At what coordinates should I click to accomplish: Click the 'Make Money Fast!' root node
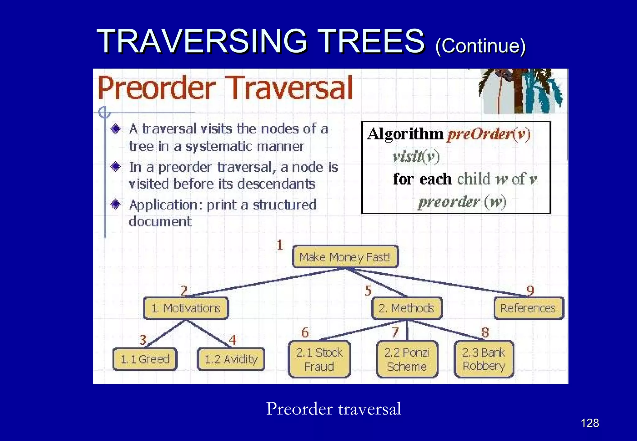click(x=345, y=257)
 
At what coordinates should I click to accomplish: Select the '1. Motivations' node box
click(x=186, y=308)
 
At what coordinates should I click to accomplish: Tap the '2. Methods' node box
click(x=407, y=308)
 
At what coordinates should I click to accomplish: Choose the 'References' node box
click(x=528, y=308)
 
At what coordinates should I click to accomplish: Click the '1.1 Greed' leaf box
click(x=145, y=359)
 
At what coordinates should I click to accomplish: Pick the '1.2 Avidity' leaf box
click(x=231, y=359)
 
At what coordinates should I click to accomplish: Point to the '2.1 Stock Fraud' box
click(x=319, y=359)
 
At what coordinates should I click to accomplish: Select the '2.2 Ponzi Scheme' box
click(x=407, y=359)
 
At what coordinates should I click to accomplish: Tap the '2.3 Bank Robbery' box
click(x=484, y=359)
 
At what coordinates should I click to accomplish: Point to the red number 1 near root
click(x=280, y=245)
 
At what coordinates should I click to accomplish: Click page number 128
click(x=590, y=423)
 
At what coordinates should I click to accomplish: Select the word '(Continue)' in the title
click(x=480, y=46)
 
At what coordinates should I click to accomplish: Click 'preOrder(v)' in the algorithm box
click(x=489, y=134)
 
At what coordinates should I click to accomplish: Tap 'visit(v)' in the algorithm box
click(x=416, y=156)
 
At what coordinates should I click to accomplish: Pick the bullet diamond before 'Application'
click(x=116, y=204)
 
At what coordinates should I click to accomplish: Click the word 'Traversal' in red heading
click(x=291, y=88)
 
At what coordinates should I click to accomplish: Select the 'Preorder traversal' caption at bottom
click(x=333, y=409)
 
